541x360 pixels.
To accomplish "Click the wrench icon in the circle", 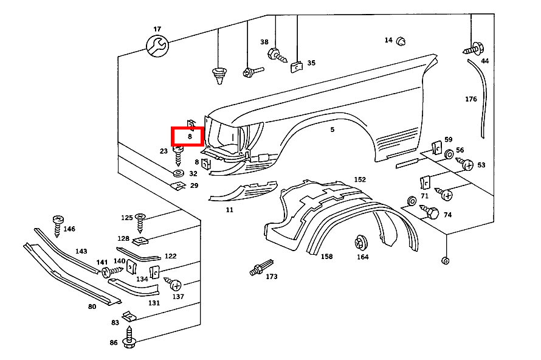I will pos(157,45).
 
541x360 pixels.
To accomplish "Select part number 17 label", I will pos(157,29).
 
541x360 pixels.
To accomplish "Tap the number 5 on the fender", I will pos(333,130).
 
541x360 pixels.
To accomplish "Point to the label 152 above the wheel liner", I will pos(360,179).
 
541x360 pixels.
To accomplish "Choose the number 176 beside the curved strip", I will pos(471,99).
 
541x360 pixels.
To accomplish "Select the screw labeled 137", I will pos(173,285).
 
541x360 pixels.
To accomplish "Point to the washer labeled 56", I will pos(449,155).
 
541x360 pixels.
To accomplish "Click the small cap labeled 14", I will pos(401,41).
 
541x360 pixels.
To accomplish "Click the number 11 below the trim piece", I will pos(229,210).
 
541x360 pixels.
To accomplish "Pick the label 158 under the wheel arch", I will pos(327,257).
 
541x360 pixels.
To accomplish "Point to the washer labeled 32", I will pos(179,173).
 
